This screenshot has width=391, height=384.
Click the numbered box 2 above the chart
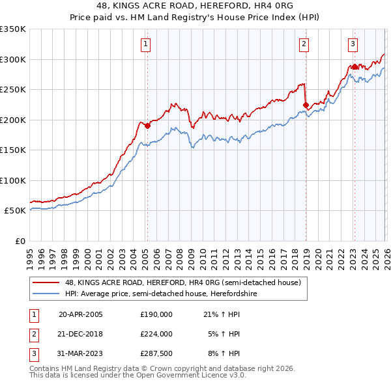[x=304, y=44]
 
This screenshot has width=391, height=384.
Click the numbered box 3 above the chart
[x=353, y=44]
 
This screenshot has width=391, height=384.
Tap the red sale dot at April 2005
[x=147, y=126]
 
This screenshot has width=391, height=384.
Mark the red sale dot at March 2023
[x=355, y=66]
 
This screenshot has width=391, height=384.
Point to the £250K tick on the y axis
[x=13, y=89]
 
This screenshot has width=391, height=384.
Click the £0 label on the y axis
[x=20, y=241]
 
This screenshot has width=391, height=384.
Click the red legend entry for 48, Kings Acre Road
[x=182, y=283]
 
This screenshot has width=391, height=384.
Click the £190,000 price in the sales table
[x=156, y=314]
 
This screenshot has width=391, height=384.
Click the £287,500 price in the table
[x=156, y=354]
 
